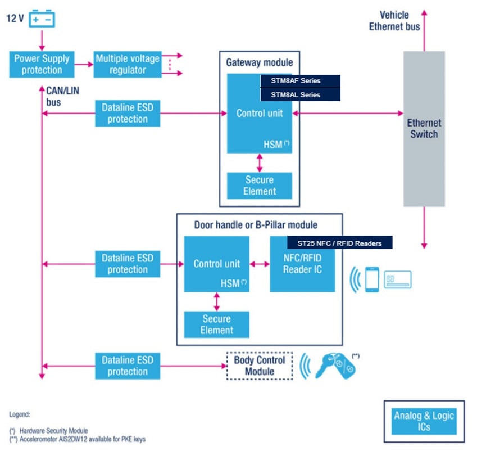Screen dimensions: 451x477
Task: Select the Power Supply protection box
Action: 42,64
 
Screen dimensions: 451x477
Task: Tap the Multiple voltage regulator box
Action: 128,64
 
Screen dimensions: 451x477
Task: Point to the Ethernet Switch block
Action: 424,129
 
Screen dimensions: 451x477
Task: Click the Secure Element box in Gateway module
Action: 260,186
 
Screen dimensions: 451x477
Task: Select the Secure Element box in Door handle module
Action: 217,324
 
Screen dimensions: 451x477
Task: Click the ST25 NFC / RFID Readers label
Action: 339,243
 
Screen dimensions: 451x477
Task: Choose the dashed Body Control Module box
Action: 260,366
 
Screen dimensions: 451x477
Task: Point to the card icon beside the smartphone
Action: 398,279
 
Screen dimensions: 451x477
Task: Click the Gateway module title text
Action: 259,62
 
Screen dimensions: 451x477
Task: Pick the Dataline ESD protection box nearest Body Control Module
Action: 128,366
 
